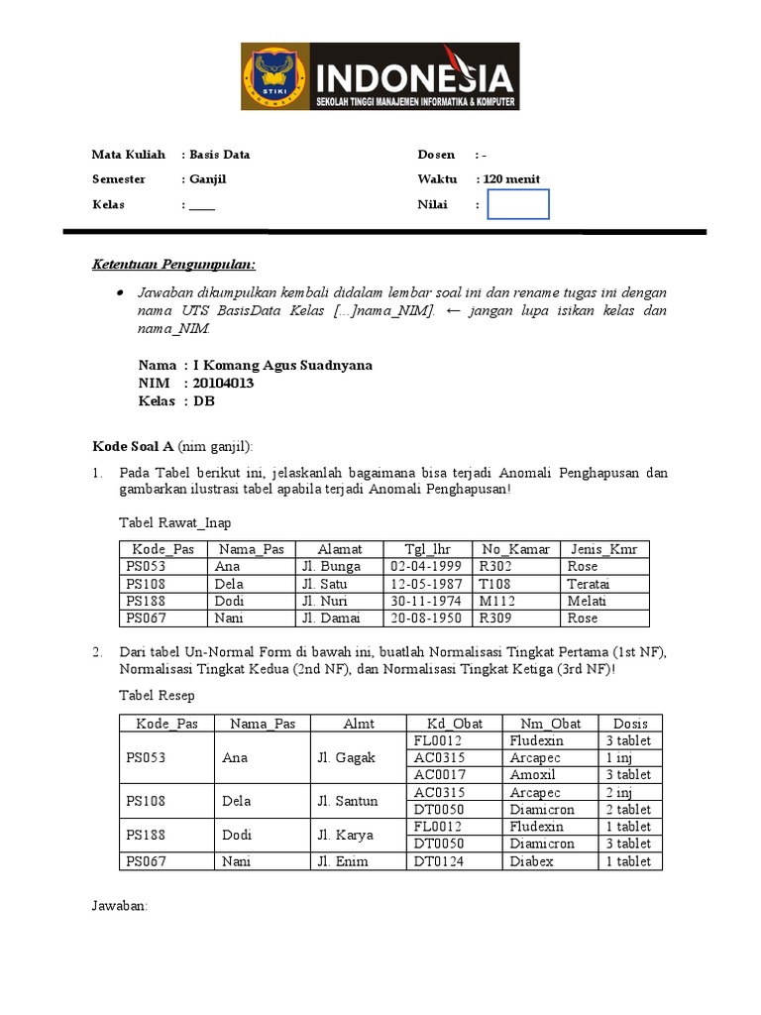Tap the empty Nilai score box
click(x=519, y=204)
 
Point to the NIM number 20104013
click(x=223, y=383)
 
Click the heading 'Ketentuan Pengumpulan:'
click(x=173, y=265)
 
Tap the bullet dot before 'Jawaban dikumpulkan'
click(x=120, y=293)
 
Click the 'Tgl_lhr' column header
click(x=427, y=548)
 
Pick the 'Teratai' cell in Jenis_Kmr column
click(x=589, y=584)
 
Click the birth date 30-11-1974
click(x=427, y=601)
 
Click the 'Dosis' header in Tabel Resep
click(x=630, y=724)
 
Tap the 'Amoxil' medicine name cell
click(x=532, y=774)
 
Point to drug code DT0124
click(x=438, y=861)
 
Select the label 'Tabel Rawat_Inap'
click(x=174, y=522)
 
